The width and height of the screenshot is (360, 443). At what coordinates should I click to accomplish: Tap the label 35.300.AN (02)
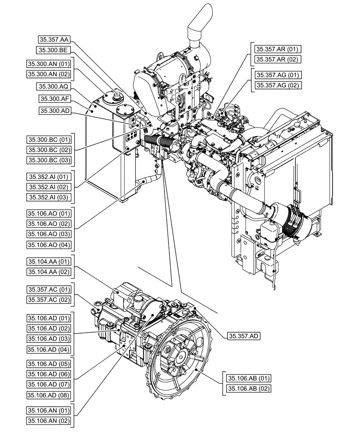click(x=48, y=74)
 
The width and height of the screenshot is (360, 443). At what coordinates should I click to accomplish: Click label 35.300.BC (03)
click(x=48, y=159)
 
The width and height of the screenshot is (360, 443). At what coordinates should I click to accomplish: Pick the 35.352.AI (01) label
click(x=48, y=175)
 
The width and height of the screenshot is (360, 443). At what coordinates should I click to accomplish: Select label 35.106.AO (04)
click(x=48, y=245)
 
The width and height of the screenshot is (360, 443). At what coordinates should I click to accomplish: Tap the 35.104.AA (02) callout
click(x=48, y=272)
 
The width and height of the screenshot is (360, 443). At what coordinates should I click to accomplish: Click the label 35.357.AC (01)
click(x=48, y=289)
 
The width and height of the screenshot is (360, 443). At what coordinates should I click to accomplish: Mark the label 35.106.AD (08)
click(x=48, y=395)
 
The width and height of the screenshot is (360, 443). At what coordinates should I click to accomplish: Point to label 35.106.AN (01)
click(x=48, y=410)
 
